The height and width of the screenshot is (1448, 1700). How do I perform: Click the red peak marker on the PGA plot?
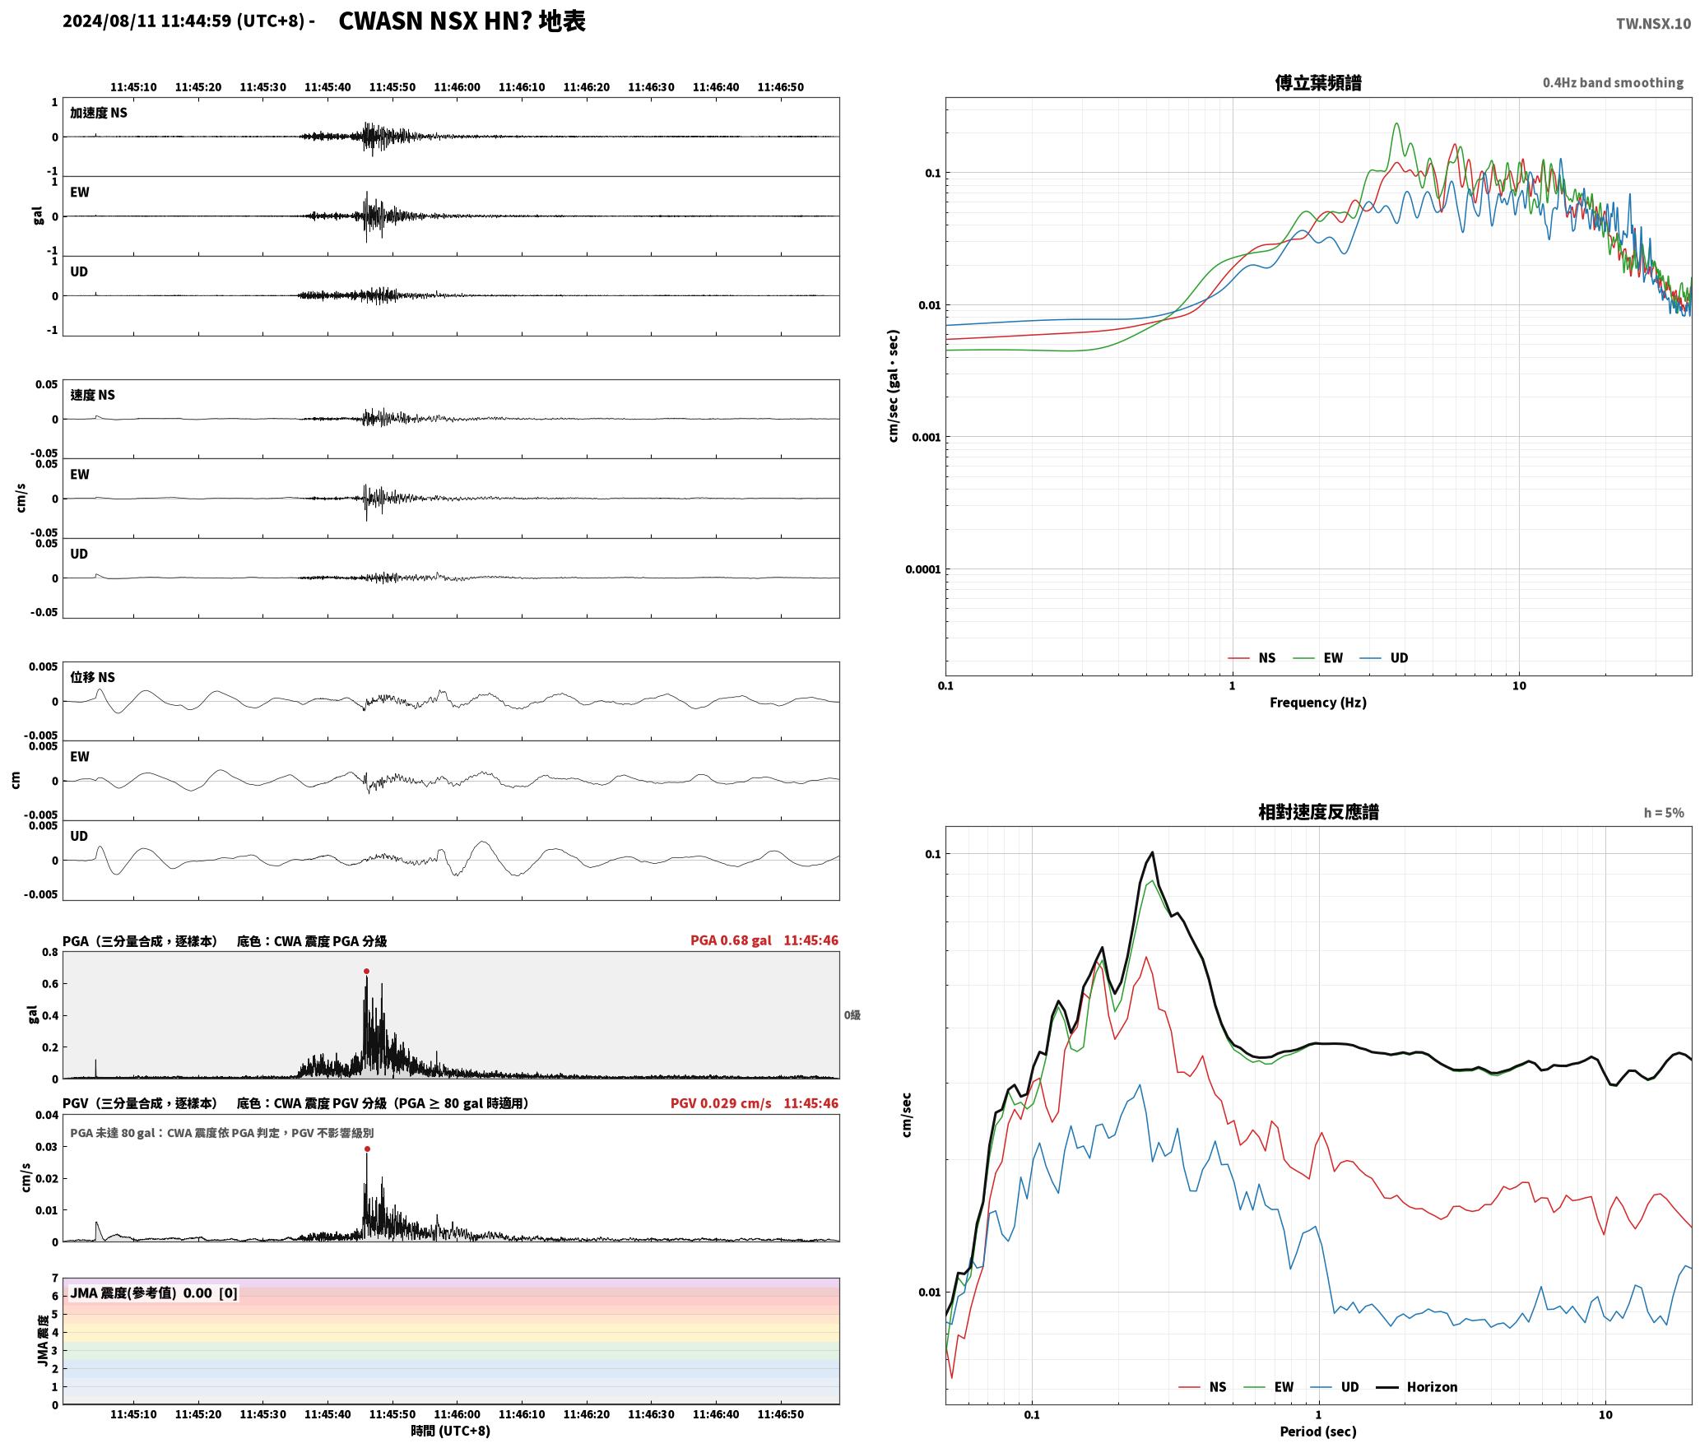click(x=366, y=971)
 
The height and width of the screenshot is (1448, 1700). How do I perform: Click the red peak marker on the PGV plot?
click(x=367, y=1149)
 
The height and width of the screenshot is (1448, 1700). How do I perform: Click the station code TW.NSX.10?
click(x=1653, y=23)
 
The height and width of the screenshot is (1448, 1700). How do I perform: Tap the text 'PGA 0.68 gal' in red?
click(x=731, y=940)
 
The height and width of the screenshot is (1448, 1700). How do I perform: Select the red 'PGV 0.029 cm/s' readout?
click(x=721, y=1103)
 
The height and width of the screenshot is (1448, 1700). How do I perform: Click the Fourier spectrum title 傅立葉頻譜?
click(x=1318, y=82)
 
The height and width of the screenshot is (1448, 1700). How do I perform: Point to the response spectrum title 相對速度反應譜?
click(x=1318, y=812)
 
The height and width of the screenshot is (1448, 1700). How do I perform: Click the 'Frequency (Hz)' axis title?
click(x=1317, y=703)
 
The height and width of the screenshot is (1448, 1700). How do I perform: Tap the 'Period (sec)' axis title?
click(x=1317, y=1432)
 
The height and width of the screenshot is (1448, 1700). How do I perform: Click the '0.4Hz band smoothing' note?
click(x=1613, y=82)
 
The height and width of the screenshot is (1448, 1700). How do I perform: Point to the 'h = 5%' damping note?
click(x=1664, y=813)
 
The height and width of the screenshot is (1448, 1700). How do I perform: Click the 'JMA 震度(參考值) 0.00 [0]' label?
click(x=154, y=1293)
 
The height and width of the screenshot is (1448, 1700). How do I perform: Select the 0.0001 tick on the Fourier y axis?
click(x=922, y=569)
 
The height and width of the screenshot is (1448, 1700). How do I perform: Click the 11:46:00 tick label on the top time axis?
click(x=457, y=87)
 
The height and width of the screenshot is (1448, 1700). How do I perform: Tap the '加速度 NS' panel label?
click(x=99, y=113)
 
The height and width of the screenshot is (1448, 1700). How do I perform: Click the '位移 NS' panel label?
click(x=92, y=677)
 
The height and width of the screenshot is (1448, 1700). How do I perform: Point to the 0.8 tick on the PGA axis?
click(x=50, y=953)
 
